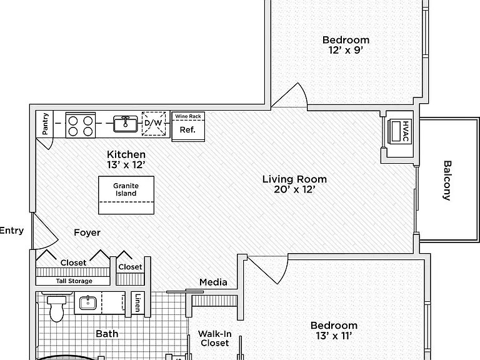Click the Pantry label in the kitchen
[45, 124]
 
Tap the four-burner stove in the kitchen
[81, 125]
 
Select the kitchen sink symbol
[126, 124]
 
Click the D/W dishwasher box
[154, 124]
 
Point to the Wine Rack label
[188, 116]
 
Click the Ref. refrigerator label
[187, 130]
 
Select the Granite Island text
[126, 189]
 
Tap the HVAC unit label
[405, 131]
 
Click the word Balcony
[447, 181]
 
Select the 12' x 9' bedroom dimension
[346, 50]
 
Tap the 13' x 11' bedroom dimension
[334, 336]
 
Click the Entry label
[12, 230]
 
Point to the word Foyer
[87, 232]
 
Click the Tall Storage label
[74, 281]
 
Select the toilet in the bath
[56, 307]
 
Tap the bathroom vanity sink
[88, 303]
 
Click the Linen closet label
[137, 302]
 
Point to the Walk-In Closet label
[214, 338]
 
